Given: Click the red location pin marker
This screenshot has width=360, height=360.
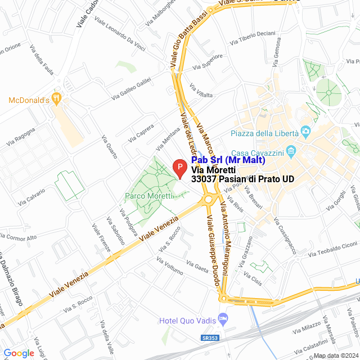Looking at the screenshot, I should (x=179, y=168).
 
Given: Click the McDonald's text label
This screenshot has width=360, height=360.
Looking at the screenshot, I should (x=28, y=100).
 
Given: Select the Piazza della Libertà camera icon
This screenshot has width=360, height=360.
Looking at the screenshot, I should (x=306, y=133).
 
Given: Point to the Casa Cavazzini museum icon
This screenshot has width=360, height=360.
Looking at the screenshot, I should (x=291, y=151).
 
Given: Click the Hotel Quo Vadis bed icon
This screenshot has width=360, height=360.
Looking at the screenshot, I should (x=223, y=319).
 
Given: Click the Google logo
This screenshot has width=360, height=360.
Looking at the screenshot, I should (x=19, y=353).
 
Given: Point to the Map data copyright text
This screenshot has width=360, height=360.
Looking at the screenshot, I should (x=336, y=355).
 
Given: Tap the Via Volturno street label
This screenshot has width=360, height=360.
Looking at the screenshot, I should (x=170, y=266).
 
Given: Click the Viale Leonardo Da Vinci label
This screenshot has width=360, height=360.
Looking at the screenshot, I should (x=119, y=36).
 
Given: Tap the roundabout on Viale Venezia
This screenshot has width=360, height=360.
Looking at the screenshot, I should (x=210, y=199).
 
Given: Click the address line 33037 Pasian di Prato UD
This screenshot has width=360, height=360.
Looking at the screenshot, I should (x=242, y=179).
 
